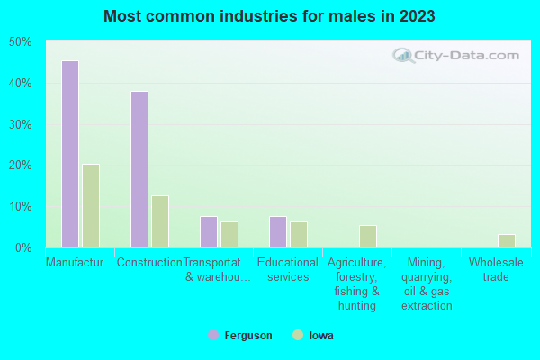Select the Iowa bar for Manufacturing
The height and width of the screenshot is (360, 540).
coord(91,206)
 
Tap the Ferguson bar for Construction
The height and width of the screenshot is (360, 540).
coord(139,169)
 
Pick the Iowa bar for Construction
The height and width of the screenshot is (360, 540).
coord(160,221)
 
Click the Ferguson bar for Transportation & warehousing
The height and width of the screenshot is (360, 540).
coord(209,232)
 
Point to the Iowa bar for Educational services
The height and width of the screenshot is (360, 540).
coord(299,235)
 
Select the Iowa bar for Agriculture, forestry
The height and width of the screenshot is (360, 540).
coord(368,237)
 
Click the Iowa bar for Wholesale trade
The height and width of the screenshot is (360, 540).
coord(507,241)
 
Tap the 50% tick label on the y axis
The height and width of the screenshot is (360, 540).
coord(20,42)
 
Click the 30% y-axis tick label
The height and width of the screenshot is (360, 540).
coord(20,124)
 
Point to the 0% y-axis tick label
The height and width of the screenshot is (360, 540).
coord(22,247)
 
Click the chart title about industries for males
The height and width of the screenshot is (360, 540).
coord(270,16)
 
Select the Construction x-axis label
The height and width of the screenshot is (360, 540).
coord(149,263)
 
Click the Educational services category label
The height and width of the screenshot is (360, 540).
coord(288,270)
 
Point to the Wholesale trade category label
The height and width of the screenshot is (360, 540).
coord(496,270)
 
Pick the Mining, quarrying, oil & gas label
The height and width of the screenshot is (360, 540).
coord(427,284)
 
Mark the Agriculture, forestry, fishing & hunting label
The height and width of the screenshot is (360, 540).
coord(357,284)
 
